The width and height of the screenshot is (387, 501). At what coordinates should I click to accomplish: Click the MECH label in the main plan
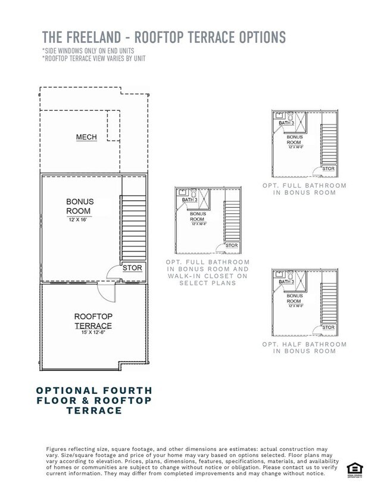click(x=86, y=138)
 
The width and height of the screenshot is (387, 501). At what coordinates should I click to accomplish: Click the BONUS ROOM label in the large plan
click(x=79, y=206)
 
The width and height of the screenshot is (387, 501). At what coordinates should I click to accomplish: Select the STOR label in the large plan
click(x=132, y=268)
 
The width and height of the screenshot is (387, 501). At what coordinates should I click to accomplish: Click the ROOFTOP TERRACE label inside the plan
click(x=93, y=321)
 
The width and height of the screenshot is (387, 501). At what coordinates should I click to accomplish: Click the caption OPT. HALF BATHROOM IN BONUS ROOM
click(x=304, y=348)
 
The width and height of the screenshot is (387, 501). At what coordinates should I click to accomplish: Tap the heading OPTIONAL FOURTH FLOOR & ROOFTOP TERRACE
click(x=94, y=400)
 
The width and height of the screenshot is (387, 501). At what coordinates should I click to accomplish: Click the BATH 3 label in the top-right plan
click(x=286, y=123)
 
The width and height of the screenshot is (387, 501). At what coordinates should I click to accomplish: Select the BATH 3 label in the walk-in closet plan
click(x=189, y=200)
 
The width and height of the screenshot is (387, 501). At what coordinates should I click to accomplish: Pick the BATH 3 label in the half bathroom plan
click(x=286, y=282)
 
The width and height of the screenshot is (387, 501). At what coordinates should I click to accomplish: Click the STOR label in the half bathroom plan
click(x=328, y=328)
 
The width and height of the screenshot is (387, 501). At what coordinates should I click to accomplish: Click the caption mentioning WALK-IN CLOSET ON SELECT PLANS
click(x=208, y=272)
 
